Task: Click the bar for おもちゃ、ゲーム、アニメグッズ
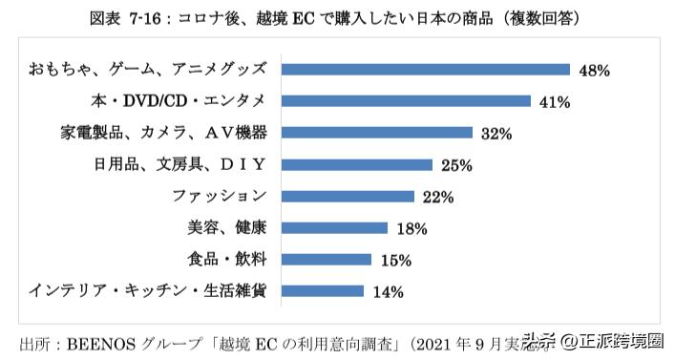click(x=428, y=70)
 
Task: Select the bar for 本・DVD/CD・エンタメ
click(x=408, y=101)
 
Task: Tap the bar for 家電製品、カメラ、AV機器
click(x=379, y=133)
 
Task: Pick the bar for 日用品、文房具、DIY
click(x=359, y=164)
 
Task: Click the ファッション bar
click(x=349, y=196)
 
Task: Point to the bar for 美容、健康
click(x=337, y=227)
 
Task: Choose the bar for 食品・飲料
click(x=328, y=259)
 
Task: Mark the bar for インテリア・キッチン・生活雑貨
click(x=325, y=290)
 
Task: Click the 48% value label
click(x=594, y=70)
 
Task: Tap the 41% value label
click(x=556, y=101)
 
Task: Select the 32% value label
click(x=496, y=134)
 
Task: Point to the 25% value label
click(x=457, y=165)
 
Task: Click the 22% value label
click(x=437, y=197)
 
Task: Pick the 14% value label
click(x=388, y=291)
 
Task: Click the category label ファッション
click(x=220, y=196)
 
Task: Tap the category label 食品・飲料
click(x=224, y=259)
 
